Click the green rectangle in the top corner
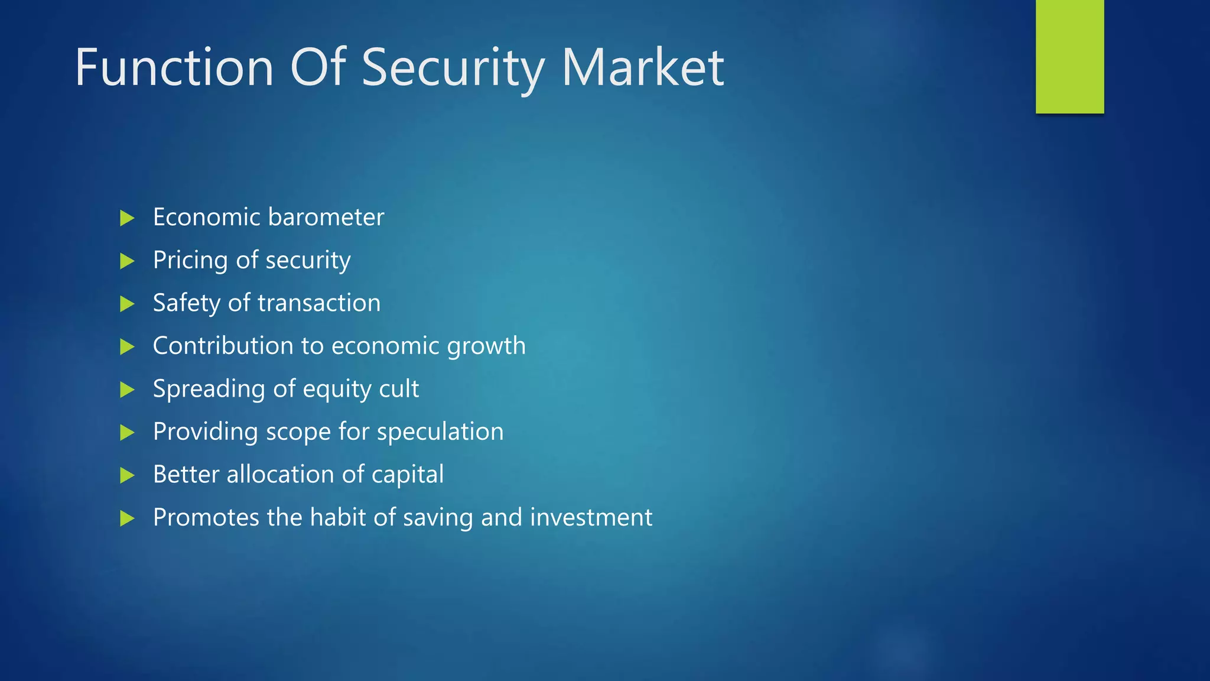click(x=1069, y=56)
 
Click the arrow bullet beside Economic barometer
click(x=127, y=218)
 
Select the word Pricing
click(x=190, y=261)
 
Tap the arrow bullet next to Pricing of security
click(x=127, y=261)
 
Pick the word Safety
click(x=187, y=304)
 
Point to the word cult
click(x=399, y=389)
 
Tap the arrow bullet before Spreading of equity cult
click(x=127, y=390)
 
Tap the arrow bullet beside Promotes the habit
click(x=127, y=518)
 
